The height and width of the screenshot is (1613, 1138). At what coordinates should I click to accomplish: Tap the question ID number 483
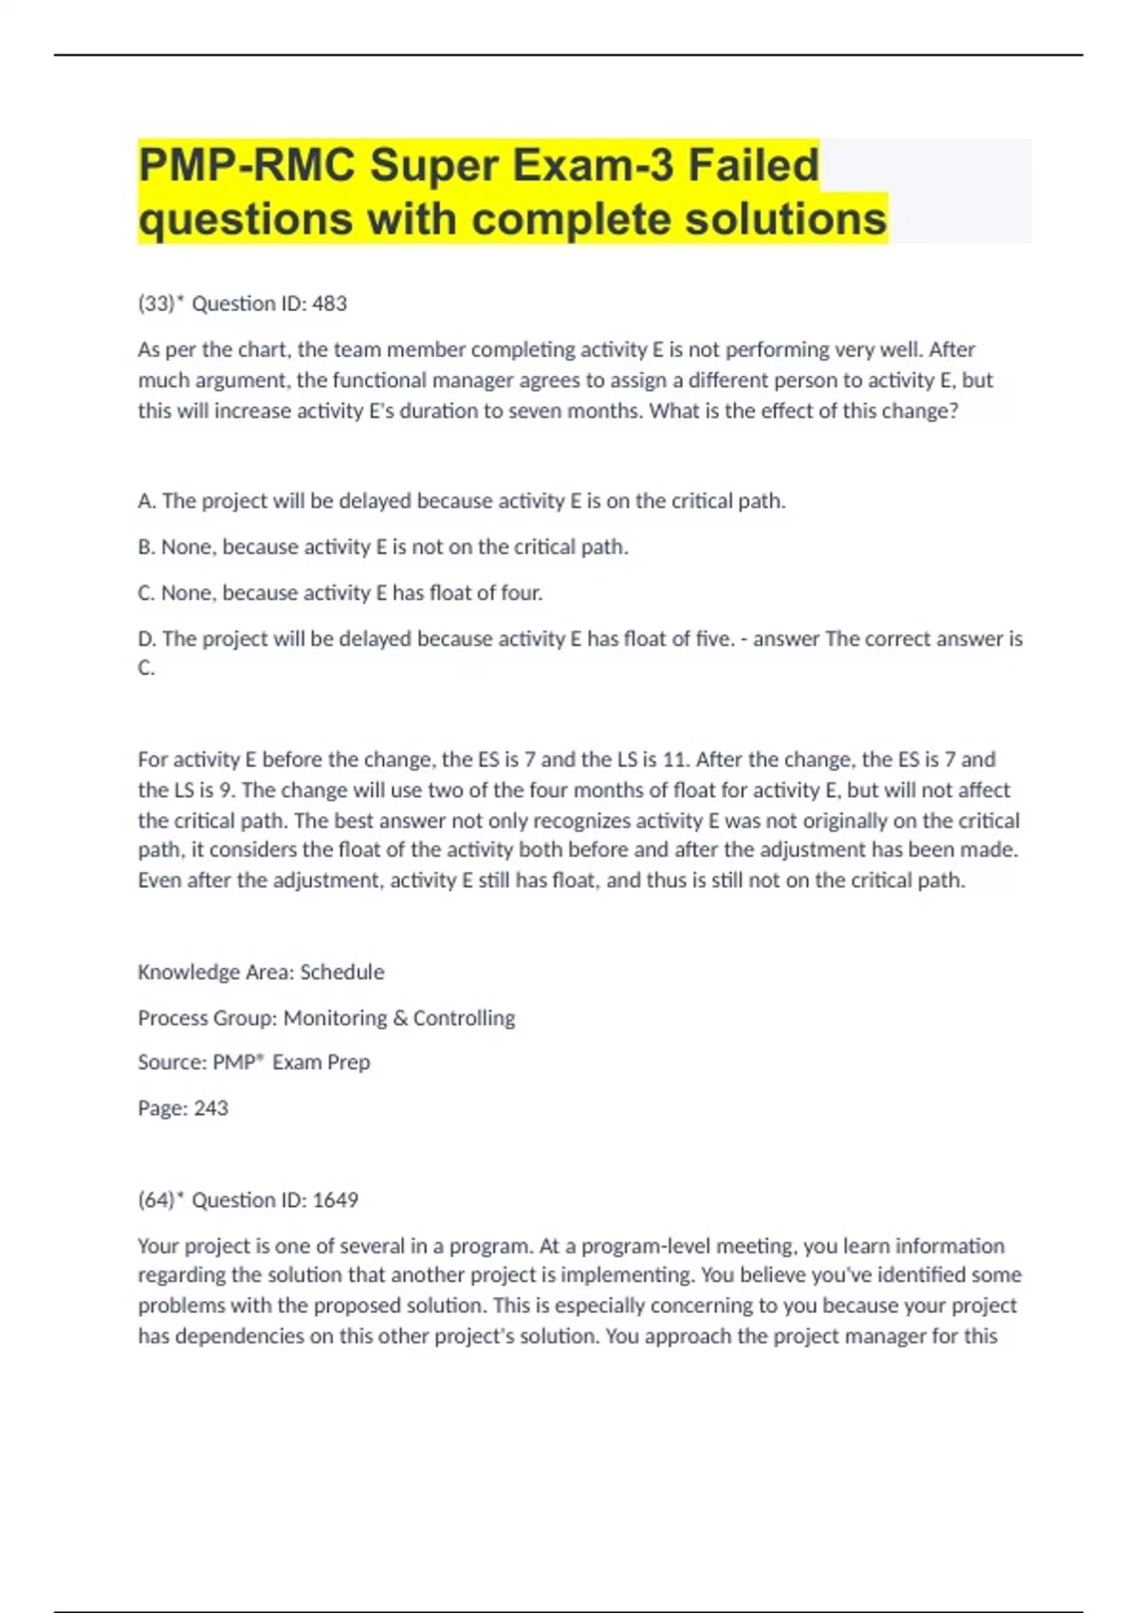coord(330,304)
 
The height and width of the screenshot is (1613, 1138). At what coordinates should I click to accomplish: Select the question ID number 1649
coord(336,1200)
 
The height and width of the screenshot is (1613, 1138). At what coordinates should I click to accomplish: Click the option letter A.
coord(145,501)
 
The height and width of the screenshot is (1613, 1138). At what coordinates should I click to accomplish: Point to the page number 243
coord(211,1108)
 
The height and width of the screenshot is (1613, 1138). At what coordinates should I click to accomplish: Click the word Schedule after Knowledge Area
coord(342,973)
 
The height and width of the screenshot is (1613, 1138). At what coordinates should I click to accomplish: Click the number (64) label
coord(156,1200)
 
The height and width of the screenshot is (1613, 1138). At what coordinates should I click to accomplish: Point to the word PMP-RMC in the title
coord(247,165)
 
